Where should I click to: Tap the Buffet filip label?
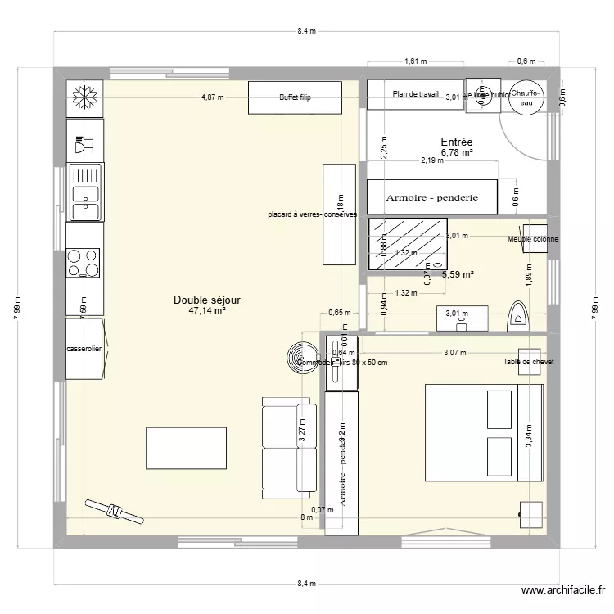295,97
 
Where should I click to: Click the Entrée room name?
457,142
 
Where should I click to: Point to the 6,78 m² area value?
457,152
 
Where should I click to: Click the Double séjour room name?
206,300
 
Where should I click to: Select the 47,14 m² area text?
206,311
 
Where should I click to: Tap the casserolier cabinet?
84,349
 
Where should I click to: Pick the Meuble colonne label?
533,239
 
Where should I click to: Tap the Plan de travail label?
416,94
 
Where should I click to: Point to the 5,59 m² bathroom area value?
458,275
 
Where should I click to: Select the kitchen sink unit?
84,192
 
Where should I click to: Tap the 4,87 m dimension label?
213,97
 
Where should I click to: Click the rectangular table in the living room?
186,448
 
